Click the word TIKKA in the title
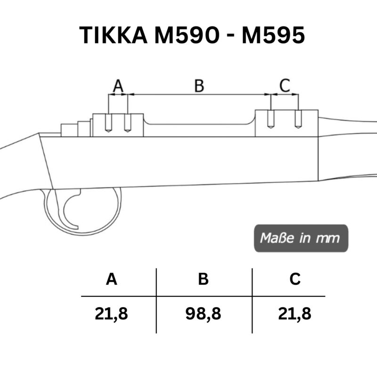coord(113,35)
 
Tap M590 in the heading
coord(187,35)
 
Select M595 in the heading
coord(273,35)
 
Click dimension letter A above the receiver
coord(118,86)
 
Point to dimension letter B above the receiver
coord(199,86)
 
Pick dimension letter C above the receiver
coord(285,85)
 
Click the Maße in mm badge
coord(301,238)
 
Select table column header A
coord(112,279)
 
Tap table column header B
coord(204,279)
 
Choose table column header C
coord(295,279)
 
